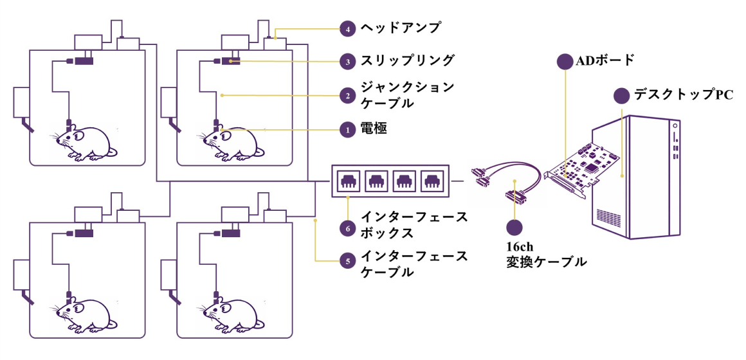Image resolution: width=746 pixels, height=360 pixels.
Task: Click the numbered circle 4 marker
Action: [x=348, y=29]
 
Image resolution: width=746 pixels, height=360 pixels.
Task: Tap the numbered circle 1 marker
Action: [x=348, y=129]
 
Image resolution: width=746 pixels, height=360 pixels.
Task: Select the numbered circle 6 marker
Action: [x=348, y=228]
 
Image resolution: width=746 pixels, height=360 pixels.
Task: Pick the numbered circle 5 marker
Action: [x=348, y=261]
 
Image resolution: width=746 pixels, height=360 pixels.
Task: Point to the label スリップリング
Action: [x=407, y=61]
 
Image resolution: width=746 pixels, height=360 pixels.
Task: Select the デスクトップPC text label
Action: [x=683, y=95]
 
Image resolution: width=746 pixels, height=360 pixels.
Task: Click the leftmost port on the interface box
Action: [x=347, y=181]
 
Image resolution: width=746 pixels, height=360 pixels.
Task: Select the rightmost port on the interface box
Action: [x=432, y=181]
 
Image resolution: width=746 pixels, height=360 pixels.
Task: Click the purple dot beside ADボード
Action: [x=565, y=61]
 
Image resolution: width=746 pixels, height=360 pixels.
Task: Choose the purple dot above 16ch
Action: [x=514, y=228]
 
